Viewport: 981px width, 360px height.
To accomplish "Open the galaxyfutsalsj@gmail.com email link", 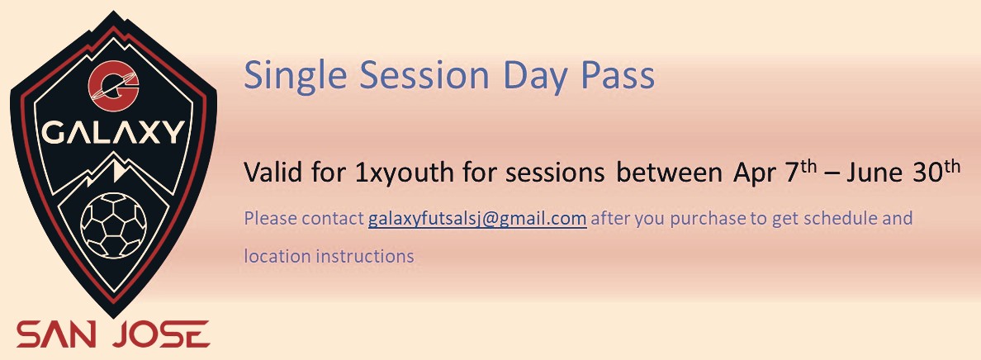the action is [x=477, y=219].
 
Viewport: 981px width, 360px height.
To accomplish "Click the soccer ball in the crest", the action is [x=114, y=225].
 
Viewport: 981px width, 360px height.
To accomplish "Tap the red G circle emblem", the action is [x=113, y=84].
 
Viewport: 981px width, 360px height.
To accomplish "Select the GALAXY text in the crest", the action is [x=113, y=133].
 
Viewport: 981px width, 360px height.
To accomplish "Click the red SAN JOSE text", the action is [x=112, y=335].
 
